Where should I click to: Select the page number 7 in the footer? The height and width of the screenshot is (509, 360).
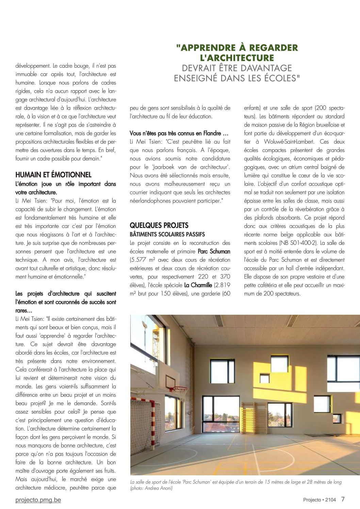pyautogui.click(x=343, y=499)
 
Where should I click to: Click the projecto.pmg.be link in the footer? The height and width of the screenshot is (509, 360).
pyautogui.click(x=38, y=500)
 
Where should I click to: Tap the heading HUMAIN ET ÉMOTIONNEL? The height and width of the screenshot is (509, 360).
pyautogui.click(x=53, y=175)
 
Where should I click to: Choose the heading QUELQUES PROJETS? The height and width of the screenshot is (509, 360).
pyautogui.click(x=159, y=225)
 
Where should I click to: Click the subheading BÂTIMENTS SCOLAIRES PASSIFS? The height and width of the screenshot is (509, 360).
pyautogui.click(x=167, y=234)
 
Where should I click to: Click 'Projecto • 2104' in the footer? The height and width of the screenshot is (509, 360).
pyautogui.click(x=320, y=500)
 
